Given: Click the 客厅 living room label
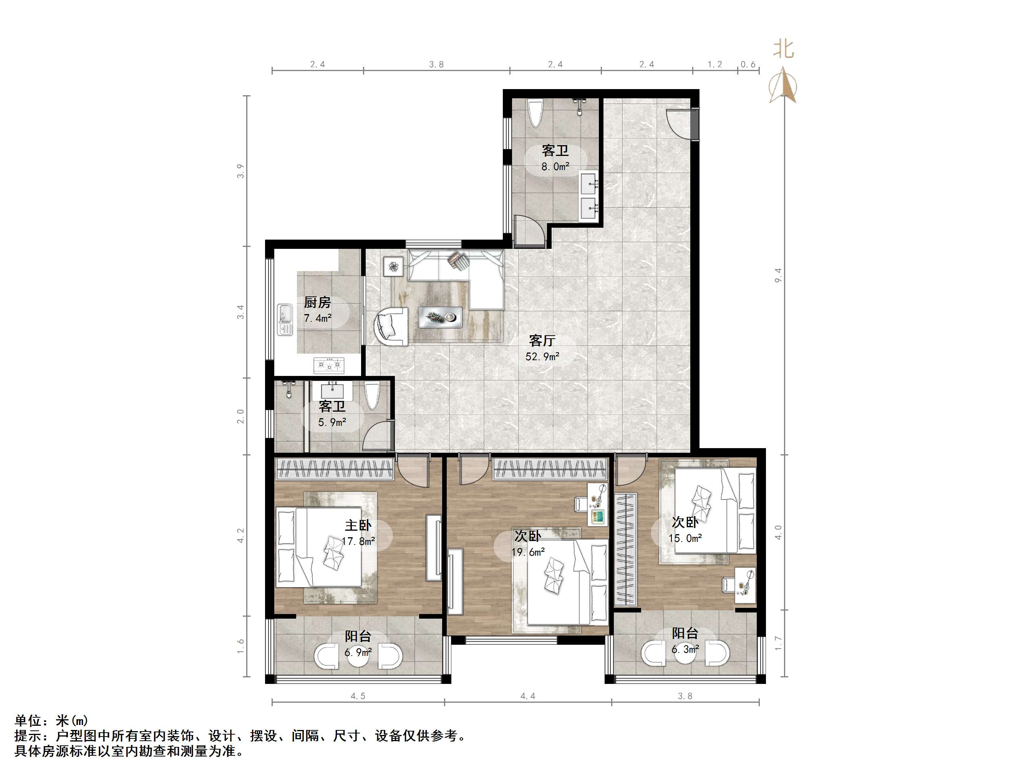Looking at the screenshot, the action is (x=542, y=341).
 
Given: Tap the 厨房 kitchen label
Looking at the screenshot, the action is (x=317, y=302).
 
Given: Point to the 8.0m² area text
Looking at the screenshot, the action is (x=555, y=166).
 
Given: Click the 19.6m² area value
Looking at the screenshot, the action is (x=528, y=552).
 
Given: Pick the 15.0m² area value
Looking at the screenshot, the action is (x=685, y=538).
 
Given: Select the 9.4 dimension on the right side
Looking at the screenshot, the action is (x=778, y=275).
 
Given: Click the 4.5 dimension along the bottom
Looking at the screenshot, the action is (x=358, y=696).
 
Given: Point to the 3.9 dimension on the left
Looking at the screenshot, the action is (x=240, y=171).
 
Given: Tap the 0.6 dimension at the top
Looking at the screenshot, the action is (x=748, y=64).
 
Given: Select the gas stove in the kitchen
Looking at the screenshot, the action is (x=329, y=365).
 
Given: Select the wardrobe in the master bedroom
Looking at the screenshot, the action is (x=335, y=469).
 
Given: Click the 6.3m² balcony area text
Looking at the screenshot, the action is (x=685, y=649).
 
